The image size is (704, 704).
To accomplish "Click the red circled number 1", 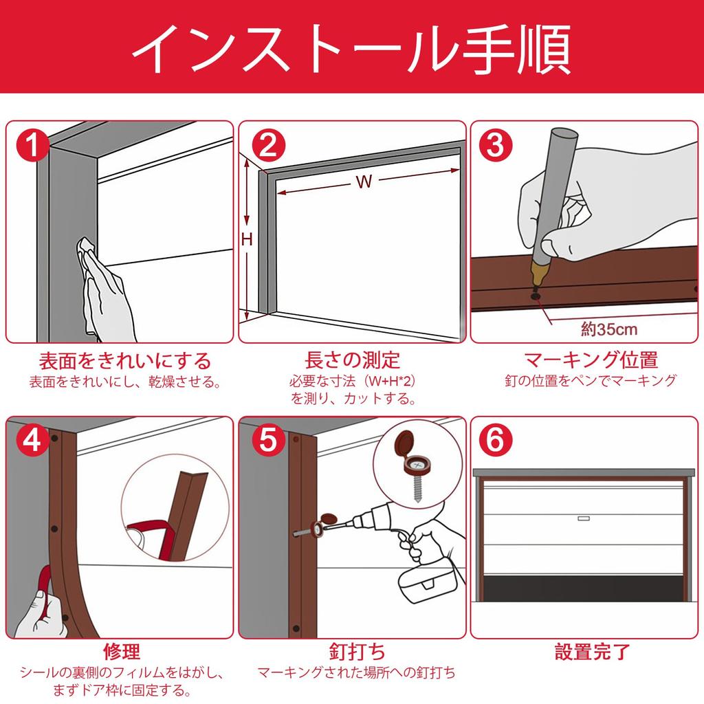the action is (x=32, y=144).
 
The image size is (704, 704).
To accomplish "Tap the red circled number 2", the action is (x=268, y=144).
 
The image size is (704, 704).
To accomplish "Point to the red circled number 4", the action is (x=32, y=440).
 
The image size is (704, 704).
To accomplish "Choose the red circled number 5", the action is (x=268, y=440).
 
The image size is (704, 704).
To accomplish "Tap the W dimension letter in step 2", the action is (x=364, y=181).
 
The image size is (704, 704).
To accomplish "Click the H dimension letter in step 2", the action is (x=247, y=240).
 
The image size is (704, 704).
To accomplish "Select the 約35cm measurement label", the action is (x=609, y=329).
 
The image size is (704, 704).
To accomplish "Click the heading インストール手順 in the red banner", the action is (x=351, y=49).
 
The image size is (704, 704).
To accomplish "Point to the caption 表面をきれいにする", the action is (x=125, y=361).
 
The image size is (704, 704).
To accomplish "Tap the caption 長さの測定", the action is (x=353, y=360).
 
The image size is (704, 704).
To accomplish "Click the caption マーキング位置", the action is (x=591, y=360).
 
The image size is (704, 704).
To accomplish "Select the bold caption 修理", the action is (x=122, y=652).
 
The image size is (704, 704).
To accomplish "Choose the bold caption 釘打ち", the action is (x=357, y=652).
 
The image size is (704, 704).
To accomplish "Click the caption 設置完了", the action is (x=593, y=652).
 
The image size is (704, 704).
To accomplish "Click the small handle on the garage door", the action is (x=583, y=518).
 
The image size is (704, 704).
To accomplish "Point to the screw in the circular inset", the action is (x=417, y=489).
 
